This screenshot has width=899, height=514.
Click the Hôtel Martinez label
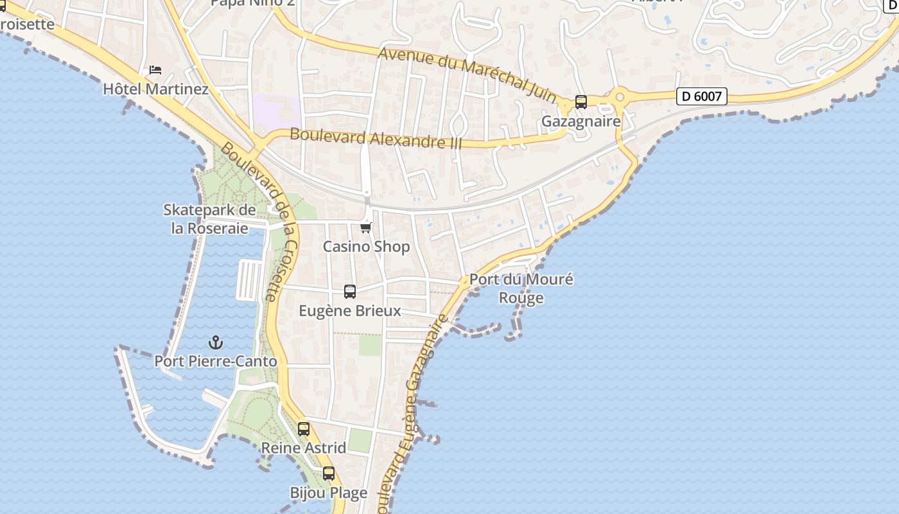pyautogui.click(x=156, y=89)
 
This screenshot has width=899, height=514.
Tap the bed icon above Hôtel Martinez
pyautogui.click(x=155, y=70)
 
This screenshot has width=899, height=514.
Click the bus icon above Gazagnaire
pyautogui.click(x=581, y=102)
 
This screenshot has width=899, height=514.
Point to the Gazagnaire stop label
pyautogui.click(x=581, y=121)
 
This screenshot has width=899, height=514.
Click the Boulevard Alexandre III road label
pyautogui.click(x=376, y=138)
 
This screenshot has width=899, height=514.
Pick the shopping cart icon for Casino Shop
pyautogui.click(x=366, y=227)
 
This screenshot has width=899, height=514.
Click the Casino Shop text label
pyautogui.click(x=366, y=247)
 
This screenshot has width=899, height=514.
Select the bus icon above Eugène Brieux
pyautogui.click(x=350, y=292)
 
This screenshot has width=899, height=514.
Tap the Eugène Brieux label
pyautogui.click(x=350, y=311)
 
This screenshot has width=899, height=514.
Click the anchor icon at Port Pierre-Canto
pyautogui.click(x=216, y=342)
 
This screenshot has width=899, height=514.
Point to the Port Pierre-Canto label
pyautogui.click(x=216, y=361)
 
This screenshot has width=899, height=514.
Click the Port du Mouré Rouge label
pyautogui.click(x=521, y=288)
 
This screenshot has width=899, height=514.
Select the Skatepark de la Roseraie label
pyautogui.click(x=209, y=219)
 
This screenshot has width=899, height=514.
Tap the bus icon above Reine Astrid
pyautogui.click(x=304, y=429)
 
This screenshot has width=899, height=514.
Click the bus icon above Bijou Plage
pyautogui.click(x=329, y=474)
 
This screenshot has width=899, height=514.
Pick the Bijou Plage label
pyautogui.click(x=329, y=493)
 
